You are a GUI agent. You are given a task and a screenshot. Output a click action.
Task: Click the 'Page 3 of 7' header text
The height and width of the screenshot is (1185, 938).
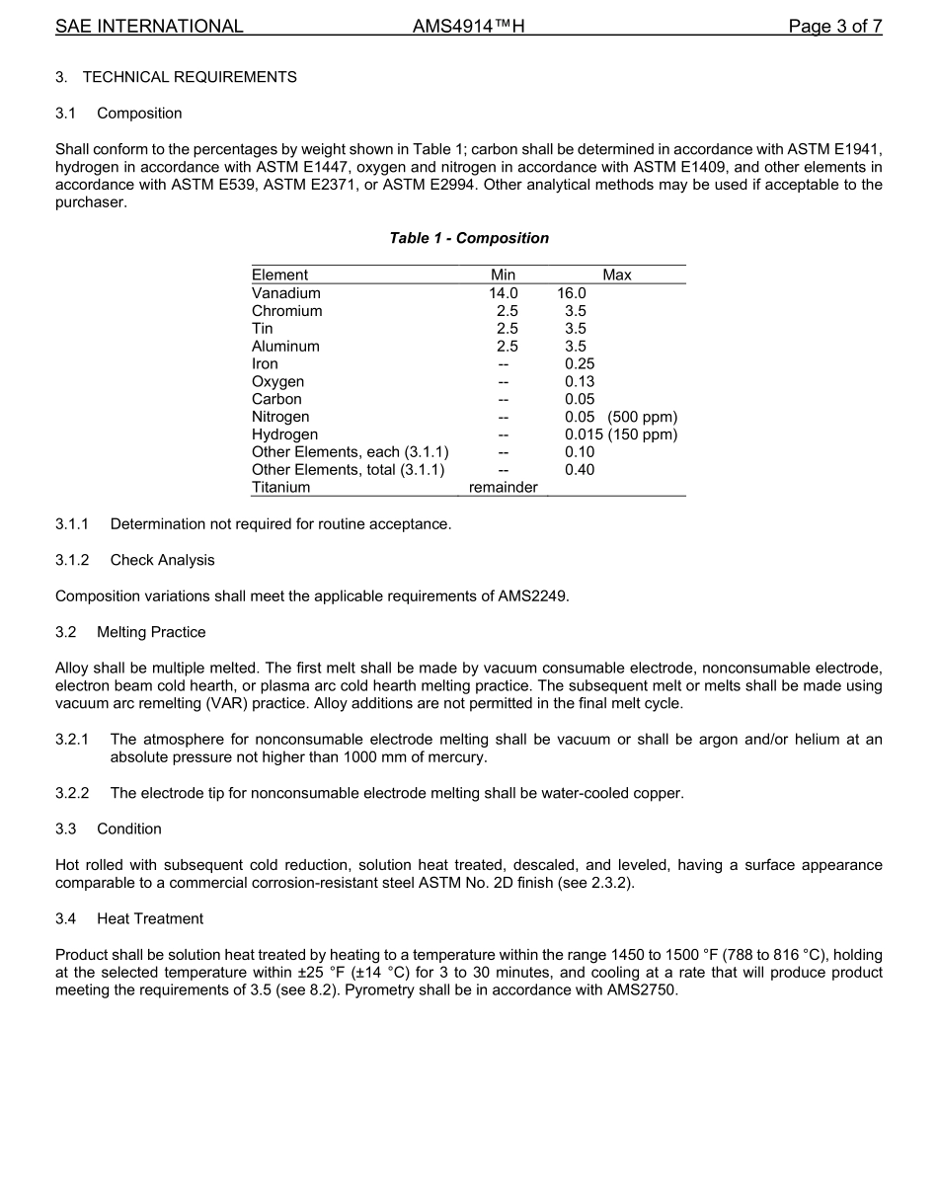click(x=834, y=27)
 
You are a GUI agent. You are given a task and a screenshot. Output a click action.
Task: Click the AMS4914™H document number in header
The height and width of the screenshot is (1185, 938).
click(x=468, y=27)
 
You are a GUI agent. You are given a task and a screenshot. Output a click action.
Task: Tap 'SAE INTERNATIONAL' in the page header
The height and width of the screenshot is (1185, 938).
click(x=149, y=27)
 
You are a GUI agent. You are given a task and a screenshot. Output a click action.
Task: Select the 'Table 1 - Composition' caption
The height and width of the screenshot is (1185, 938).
click(x=469, y=238)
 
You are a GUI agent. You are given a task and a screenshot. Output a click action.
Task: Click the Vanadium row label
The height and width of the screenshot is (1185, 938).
click(x=286, y=293)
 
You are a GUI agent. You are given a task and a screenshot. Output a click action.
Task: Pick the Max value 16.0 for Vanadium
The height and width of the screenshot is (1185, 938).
click(x=571, y=293)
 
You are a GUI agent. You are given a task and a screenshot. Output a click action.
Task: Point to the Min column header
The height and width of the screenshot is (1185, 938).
click(x=503, y=276)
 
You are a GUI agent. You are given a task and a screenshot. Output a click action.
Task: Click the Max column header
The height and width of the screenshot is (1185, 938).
click(x=617, y=276)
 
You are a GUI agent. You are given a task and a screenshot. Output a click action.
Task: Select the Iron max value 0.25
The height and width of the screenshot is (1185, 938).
click(x=580, y=364)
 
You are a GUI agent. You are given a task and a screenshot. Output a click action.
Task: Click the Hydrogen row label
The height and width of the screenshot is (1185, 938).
click(x=285, y=435)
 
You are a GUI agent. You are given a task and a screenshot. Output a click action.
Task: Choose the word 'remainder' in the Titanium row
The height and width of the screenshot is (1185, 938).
click(x=503, y=488)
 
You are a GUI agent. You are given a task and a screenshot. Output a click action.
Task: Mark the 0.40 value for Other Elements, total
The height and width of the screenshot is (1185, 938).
click(x=580, y=470)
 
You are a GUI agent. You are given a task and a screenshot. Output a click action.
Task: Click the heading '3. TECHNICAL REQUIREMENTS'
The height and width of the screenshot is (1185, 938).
click(x=176, y=77)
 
